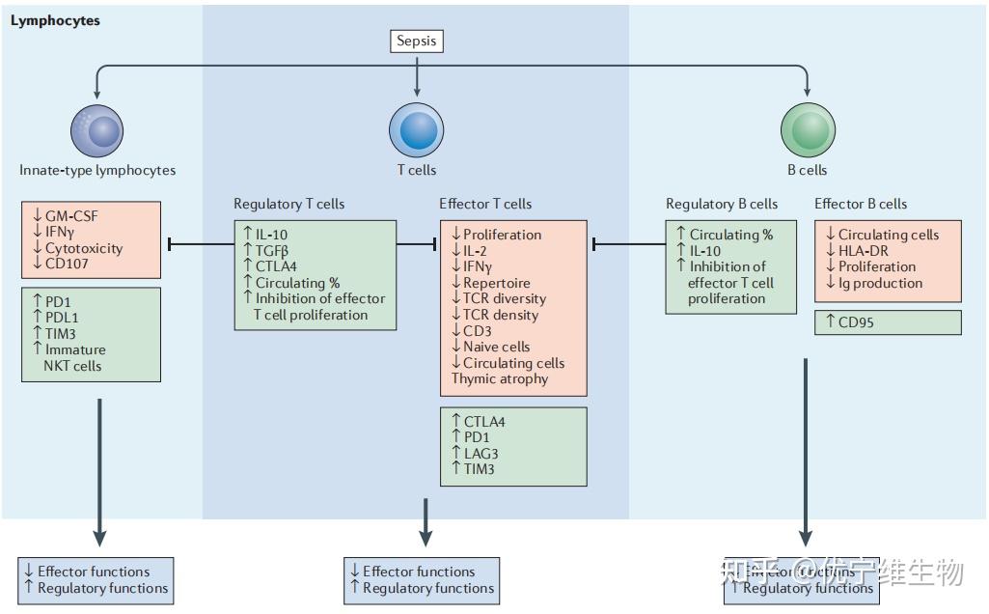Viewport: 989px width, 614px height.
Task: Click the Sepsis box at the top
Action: [x=417, y=41]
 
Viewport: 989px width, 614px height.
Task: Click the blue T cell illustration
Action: [x=416, y=129]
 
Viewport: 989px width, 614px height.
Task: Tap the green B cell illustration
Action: [x=806, y=129]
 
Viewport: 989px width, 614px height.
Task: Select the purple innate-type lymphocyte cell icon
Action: [x=97, y=130]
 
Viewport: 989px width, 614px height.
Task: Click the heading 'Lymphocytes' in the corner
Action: [x=55, y=20]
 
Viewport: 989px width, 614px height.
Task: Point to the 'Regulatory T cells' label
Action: [x=288, y=204]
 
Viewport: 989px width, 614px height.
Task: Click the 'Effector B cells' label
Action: [x=860, y=204]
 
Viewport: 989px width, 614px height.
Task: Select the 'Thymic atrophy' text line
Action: [x=499, y=378]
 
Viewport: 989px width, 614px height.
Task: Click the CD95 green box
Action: [x=888, y=322]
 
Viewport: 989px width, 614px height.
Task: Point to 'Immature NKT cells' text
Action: [x=73, y=357]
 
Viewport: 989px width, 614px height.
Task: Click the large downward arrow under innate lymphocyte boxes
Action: [x=98, y=473]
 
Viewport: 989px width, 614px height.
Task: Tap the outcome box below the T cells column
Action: [x=422, y=579]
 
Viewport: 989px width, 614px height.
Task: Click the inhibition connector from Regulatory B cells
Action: [x=628, y=244]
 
